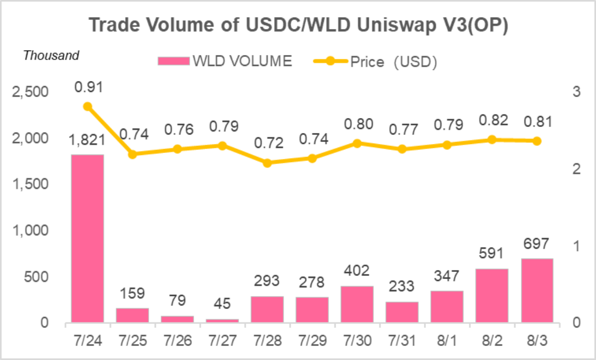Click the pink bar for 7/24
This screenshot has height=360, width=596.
tap(88, 238)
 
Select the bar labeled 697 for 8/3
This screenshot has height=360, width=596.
tap(537, 290)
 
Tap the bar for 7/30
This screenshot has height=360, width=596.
tap(357, 304)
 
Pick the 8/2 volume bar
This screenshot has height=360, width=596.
tap(492, 295)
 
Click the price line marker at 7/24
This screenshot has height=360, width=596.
tap(88, 106)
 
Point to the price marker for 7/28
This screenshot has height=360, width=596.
tap(267, 163)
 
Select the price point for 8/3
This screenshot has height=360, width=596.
tap(537, 141)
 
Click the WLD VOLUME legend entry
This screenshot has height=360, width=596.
tap(225, 61)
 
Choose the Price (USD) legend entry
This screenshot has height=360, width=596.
tap(375, 61)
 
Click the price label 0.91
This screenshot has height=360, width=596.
tap(88, 87)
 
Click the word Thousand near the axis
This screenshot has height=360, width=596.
tap(51, 55)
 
